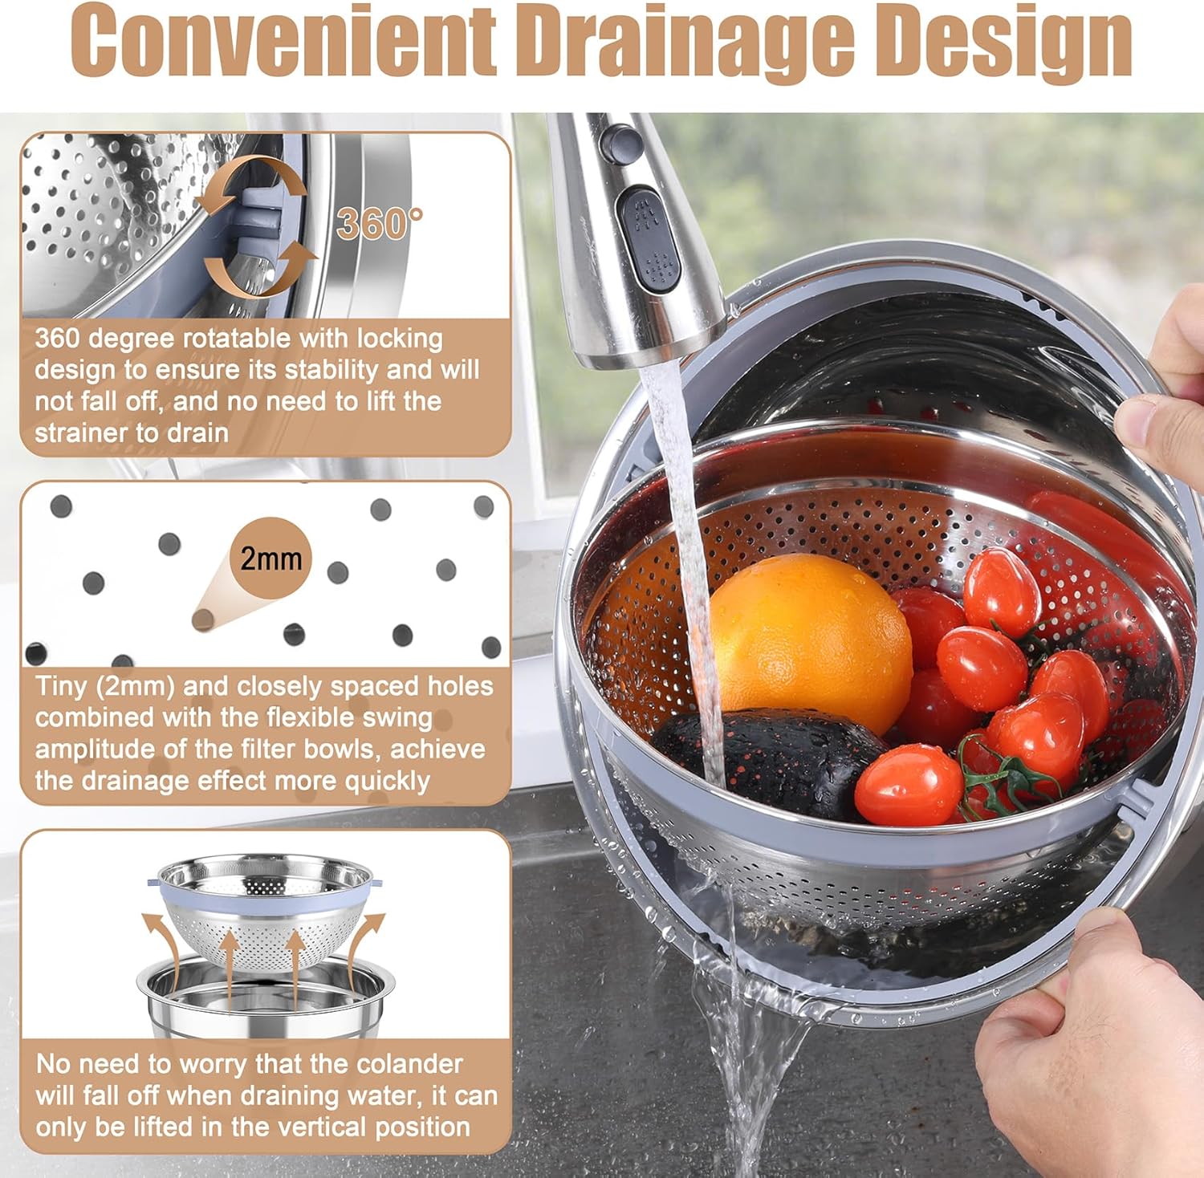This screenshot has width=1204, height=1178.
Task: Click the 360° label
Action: click(379, 223)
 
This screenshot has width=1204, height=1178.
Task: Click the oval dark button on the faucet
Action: click(650, 238)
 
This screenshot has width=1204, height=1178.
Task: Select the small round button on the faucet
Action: click(620, 141)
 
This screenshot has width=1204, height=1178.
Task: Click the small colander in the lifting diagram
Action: click(266, 907)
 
